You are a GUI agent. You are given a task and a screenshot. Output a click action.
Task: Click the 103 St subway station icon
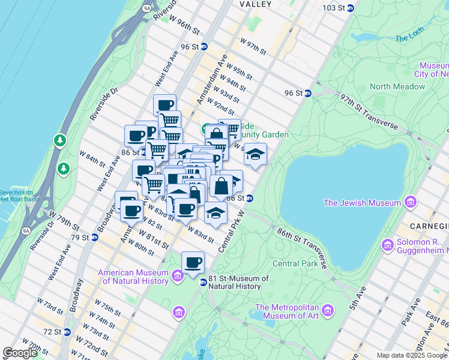point(351,8)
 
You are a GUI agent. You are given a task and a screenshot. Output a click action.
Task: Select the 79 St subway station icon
point(94,238)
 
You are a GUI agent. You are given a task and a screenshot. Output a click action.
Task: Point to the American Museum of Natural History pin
point(178,276)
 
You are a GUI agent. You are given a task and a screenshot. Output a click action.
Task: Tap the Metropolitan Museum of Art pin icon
point(327,310)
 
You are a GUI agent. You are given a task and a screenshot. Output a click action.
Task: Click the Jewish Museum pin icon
point(411,202)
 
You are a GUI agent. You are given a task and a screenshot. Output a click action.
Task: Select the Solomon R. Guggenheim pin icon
point(387,245)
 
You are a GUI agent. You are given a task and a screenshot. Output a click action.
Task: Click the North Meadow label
point(397,86)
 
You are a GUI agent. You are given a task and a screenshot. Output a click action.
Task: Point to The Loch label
point(409,38)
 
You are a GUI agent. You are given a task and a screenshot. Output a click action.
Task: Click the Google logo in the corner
point(20,353)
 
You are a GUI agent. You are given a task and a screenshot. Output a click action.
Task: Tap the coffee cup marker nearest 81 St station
point(193,263)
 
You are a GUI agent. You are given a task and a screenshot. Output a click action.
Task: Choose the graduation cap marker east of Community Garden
point(255,155)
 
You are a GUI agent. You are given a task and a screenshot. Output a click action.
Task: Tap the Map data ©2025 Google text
point(411,355)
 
